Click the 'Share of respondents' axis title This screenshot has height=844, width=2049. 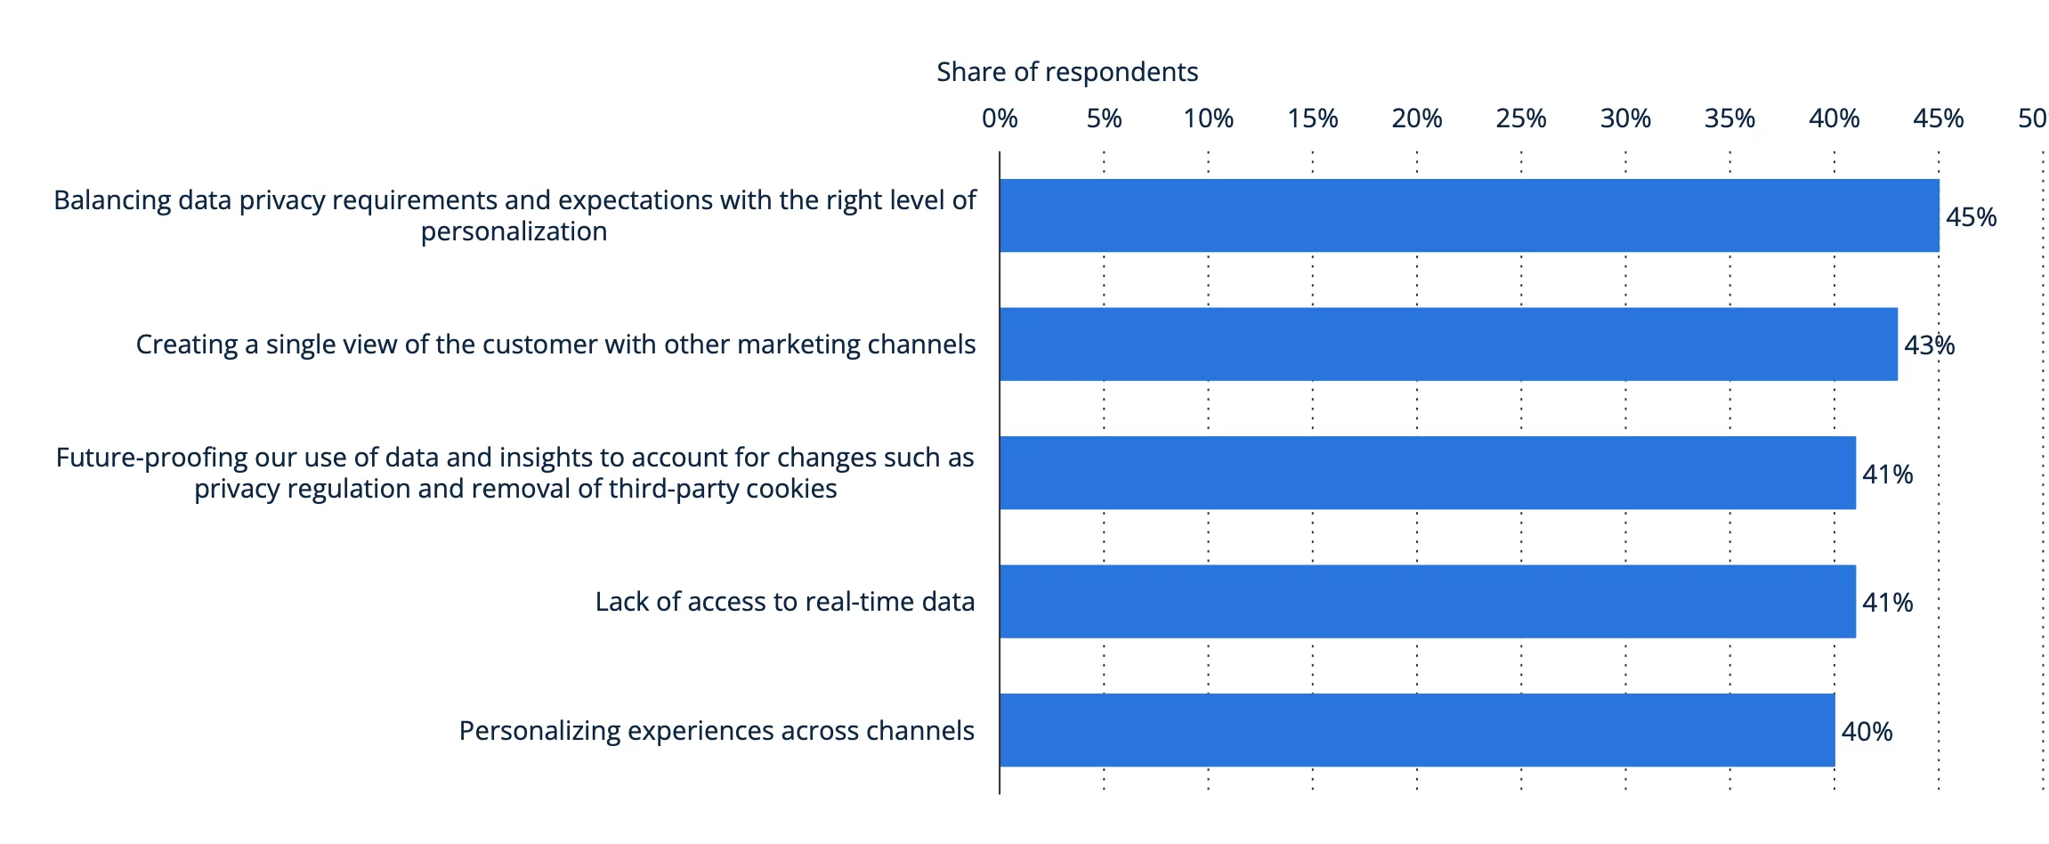[1066, 72]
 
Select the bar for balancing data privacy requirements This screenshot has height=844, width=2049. [1469, 215]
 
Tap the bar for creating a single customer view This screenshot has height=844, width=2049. [1448, 345]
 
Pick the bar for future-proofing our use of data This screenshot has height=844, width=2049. [1427, 473]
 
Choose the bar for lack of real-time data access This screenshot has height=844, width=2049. [1427, 602]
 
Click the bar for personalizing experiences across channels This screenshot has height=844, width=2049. [1417, 730]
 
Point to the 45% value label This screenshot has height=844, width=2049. [1971, 217]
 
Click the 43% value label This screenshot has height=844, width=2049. [1929, 345]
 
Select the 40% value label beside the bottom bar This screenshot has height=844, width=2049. [1867, 732]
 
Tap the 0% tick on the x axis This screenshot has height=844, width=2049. [1000, 118]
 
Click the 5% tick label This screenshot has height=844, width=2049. [1104, 118]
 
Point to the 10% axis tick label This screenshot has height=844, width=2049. [1208, 118]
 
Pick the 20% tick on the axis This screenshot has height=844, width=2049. [1416, 118]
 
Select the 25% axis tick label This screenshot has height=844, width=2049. [1520, 118]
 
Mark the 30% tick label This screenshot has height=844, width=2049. [1625, 118]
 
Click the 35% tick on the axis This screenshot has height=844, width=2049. [1729, 118]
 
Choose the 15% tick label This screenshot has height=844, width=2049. [1312, 118]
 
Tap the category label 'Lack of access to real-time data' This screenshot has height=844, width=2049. [784, 602]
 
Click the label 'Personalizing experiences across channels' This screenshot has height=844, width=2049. [716, 731]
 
